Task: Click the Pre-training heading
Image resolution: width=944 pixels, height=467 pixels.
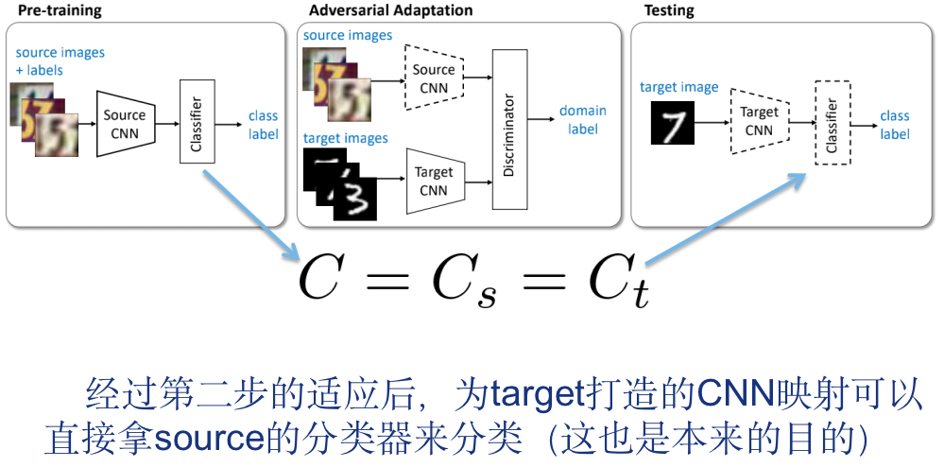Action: (x=60, y=11)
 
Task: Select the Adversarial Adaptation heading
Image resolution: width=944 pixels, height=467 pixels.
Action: (x=390, y=11)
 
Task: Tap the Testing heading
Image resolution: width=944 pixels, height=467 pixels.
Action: (x=669, y=11)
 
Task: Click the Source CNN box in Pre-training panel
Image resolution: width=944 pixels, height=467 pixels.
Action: (x=125, y=124)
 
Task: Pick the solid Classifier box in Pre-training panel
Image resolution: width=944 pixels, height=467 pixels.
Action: (x=196, y=121)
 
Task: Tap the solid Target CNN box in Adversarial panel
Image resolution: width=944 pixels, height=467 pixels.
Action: (x=433, y=181)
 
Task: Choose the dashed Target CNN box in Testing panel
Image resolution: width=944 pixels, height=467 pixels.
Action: (x=758, y=121)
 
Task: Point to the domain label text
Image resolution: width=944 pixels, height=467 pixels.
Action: (x=583, y=119)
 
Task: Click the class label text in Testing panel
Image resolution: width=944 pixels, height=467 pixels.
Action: (x=894, y=125)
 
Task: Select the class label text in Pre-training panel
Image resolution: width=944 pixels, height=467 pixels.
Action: (x=263, y=125)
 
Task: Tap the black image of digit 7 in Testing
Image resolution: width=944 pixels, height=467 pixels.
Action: (x=673, y=124)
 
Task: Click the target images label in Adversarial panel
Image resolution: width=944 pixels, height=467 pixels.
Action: (x=345, y=138)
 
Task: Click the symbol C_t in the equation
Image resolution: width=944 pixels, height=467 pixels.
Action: (x=618, y=278)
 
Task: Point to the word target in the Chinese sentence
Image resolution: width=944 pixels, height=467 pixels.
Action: (x=541, y=392)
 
